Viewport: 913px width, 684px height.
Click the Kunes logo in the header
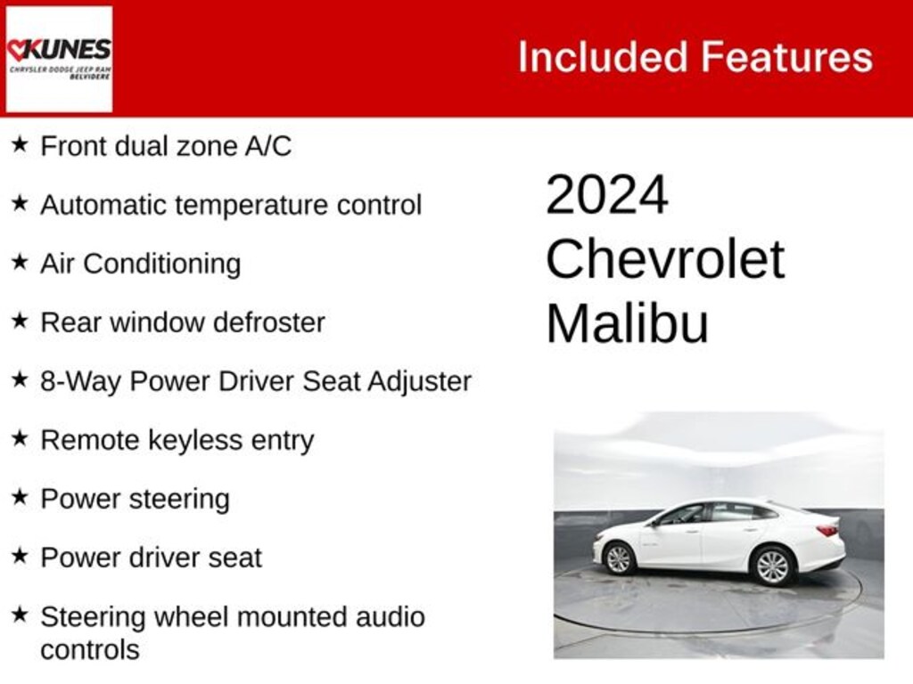(59, 59)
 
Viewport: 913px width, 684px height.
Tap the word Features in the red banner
(786, 57)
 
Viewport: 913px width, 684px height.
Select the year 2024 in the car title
(606, 195)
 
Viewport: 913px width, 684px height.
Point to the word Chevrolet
(664, 260)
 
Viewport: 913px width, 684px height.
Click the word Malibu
(627, 323)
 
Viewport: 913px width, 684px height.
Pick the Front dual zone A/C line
(166, 146)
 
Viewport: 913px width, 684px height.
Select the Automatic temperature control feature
(231, 205)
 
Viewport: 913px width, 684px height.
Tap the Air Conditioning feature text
(140, 264)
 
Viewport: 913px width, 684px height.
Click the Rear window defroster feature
(183, 322)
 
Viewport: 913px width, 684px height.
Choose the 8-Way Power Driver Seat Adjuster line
(256, 381)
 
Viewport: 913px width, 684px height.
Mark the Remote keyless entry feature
(177, 440)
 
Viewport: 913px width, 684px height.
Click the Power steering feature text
(135, 499)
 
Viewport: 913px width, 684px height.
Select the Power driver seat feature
(151, 558)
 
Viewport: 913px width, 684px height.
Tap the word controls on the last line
(90, 649)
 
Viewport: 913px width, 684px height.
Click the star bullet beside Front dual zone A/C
(20, 144)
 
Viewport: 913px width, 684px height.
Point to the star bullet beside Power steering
(20, 497)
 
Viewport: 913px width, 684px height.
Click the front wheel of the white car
(619, 558)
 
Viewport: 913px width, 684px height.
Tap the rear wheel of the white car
(772, 566)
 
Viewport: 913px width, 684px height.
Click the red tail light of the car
(828, 530)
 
